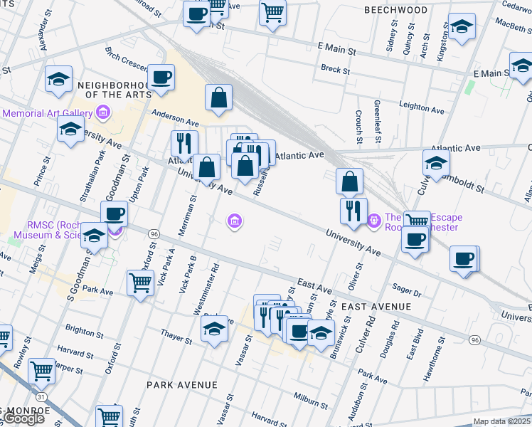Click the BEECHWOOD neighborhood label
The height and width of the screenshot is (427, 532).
coord(395,10)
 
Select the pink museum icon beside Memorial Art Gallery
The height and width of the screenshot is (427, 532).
coord(103,112)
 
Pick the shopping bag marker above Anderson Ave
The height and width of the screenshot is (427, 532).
coord(219,98)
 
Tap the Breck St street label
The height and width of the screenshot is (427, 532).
coord(335,70)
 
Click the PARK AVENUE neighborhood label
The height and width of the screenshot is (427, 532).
coord(182,385)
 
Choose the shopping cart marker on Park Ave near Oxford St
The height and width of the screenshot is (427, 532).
coord(140,283)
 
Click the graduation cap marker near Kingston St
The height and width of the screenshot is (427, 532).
coord(462,28)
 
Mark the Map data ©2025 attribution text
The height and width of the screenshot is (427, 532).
coord(502,421)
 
